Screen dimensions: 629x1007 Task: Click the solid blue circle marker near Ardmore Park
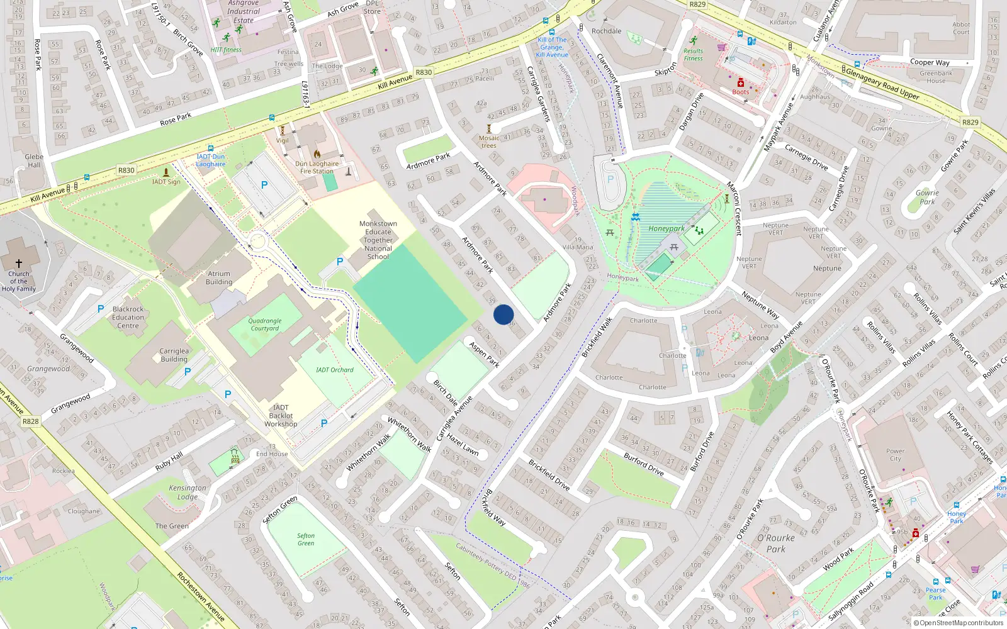coord(503,314)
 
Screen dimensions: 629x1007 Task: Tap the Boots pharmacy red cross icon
coord(741,83)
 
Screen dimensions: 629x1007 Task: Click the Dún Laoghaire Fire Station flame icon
coord(317,153)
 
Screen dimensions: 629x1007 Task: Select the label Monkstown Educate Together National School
coord(378,240)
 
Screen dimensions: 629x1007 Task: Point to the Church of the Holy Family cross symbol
coord(19,264)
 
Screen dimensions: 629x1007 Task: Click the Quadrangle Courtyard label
coord(265,325)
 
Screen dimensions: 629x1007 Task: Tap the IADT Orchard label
coord(334,370)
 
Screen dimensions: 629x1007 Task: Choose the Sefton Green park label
coord(306,540)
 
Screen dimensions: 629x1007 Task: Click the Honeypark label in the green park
coord(666,229)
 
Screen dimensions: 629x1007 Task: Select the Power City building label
coord(895,455)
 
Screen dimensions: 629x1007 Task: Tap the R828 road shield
coord(30,421)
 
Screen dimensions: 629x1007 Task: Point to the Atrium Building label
coord(219,277)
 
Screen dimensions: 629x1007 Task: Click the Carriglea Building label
coord(174,355)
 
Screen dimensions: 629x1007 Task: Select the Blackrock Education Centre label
coord(128,317)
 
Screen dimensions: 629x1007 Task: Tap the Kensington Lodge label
coord(187,492)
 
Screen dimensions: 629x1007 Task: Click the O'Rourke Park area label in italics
coord(775,543)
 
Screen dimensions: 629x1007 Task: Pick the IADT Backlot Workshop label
coord(281,416)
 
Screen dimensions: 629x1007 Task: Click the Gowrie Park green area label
coord(926,198)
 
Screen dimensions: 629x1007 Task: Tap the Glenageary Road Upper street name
coord(882,84)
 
